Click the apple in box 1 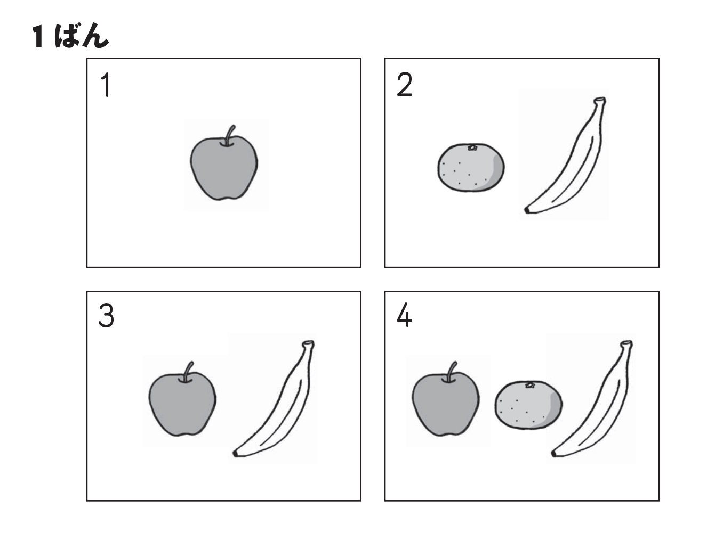pos(224,168)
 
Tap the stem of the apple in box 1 pos(229,135)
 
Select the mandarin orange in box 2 pos(471,167)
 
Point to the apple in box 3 pos(182,404)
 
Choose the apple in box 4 pos(446,404)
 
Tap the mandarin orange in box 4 pos(528,405)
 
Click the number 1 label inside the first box pos(106,85)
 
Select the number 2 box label pos(405,84)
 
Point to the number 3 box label pos(106,316)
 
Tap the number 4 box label pos(405,315)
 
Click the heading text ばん pos(82,36)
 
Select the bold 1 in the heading pos(38,37)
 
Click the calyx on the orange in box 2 pos(472,147)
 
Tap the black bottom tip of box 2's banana pos(527,210)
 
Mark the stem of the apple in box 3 pos(188,372)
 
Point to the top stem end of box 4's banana pos(627,343)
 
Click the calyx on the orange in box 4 pos(530,385)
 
